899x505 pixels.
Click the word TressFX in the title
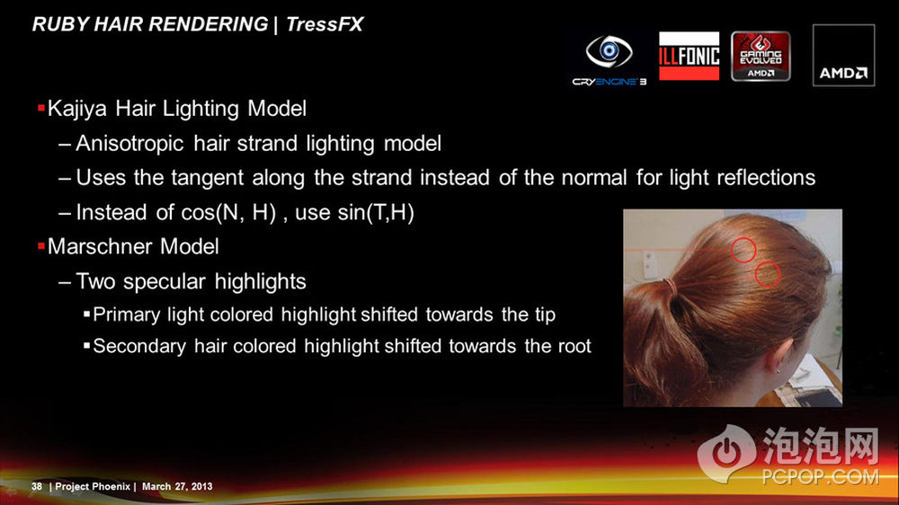[325, 24]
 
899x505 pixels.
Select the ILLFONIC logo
[690, 56]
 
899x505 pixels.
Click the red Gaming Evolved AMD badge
[761, 57]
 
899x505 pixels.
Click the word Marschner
[101, 246]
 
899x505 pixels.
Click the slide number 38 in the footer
[37, 487]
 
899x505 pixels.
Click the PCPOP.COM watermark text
[820, 477]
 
